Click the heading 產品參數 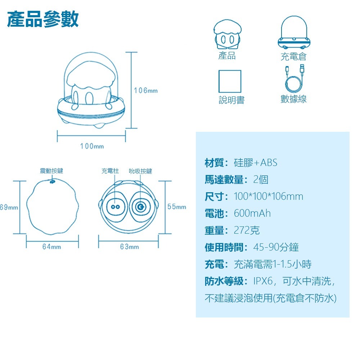(x=43, y=19)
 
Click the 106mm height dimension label (x=146, y=90)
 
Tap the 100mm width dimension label (x=92, y=146)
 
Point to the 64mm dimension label (x=51, y=247)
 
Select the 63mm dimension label (x=129, y=247)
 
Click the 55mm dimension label (x=177, y=207)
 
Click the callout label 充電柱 (x=110, y=171)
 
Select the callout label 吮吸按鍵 (x=140, y=171)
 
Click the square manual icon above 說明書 (x=230, y=81)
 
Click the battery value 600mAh (x=252, y=213)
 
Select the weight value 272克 (x=247, y=230)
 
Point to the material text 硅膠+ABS (x=256, y=163)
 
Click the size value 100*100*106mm (x=269, y=197)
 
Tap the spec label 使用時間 (x=226, y=247)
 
